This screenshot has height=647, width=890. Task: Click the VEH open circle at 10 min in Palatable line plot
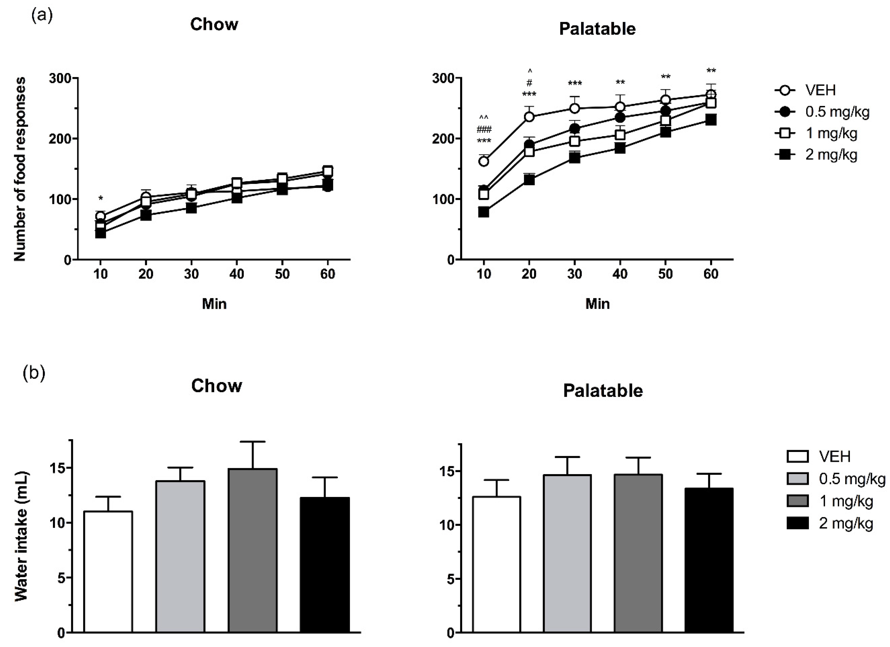484,161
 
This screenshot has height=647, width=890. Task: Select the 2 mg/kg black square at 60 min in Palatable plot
711,120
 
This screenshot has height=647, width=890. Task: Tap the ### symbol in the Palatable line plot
484,130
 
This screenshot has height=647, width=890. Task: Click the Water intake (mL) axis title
22,536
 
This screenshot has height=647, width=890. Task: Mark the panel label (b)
34,373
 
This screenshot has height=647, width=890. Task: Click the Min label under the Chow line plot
214,304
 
